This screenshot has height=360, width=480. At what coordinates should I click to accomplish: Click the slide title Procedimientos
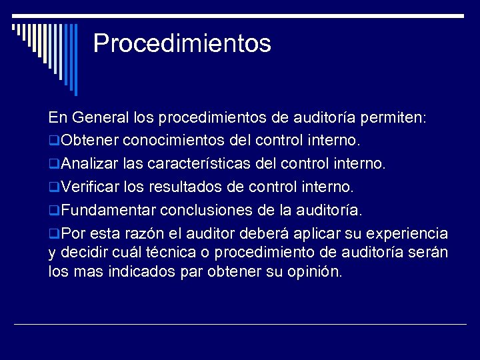click(x=182, y=43)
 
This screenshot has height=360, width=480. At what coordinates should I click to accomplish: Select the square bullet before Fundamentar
click(x=54, y=211)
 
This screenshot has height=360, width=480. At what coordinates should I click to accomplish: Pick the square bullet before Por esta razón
click(x=54, y=235)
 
